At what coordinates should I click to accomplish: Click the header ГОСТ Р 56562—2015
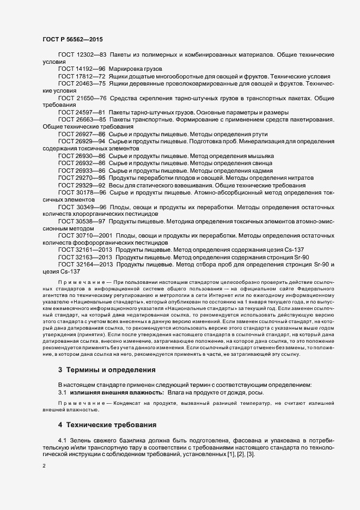tap(72, 40)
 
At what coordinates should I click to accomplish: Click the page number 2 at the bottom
tap(44, 466)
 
